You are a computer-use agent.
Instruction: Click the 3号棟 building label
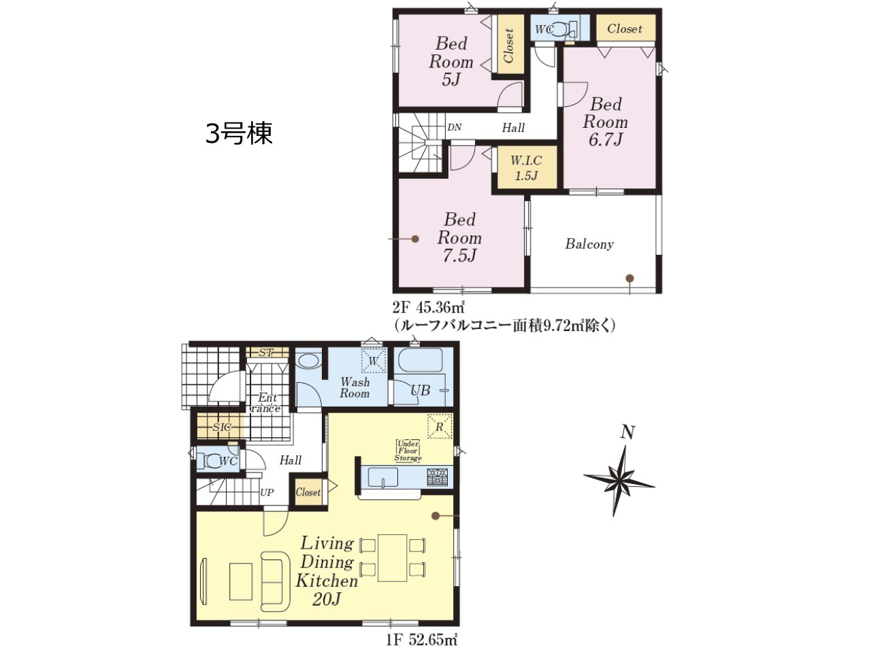point(240,133)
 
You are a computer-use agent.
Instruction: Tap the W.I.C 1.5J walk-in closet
point(526,168)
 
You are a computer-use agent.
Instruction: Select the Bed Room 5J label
point(451,61)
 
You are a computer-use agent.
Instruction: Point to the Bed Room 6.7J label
point(605,122)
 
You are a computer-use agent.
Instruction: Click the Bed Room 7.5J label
point(459,237)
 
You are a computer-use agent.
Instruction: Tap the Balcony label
point(589,244)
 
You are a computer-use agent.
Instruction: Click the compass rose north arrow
point(619,481)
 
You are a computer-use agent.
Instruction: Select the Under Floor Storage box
point(408,451)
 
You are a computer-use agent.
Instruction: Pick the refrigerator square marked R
point(440,426)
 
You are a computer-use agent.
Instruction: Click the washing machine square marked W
point(374,360)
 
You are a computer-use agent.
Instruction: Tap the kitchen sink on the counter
point(383,477)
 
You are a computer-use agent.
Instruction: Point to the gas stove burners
point(438,477)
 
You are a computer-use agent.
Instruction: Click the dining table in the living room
point(392,557)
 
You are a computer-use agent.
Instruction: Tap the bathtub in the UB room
point(421,360)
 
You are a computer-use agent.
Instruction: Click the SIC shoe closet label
point(223,427)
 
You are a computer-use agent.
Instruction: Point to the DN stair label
point(455,127)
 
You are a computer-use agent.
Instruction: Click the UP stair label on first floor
point(267,492)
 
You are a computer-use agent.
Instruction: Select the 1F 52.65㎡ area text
point(422,640)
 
